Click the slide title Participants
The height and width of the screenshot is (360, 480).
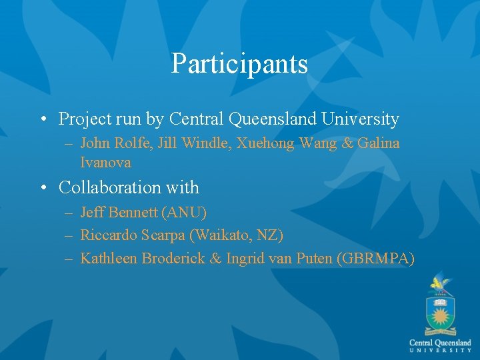(x=239, y=64)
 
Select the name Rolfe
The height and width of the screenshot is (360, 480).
(x=131, y=143)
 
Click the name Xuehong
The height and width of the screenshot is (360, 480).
(x=258, y=143)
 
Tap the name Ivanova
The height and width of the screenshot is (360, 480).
(x=105, y=162)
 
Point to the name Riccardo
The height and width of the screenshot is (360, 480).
(x=105, y=235)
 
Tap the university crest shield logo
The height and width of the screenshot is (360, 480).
(x=440, y=313)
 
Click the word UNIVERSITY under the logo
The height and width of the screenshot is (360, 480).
(x=440, y=350)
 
